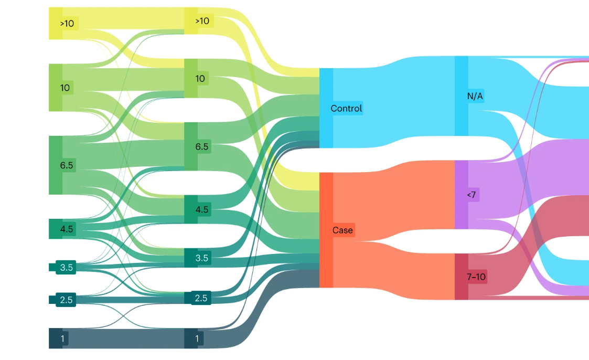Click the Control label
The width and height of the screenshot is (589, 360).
pos(346,109)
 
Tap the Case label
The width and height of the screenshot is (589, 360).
pos(342,230)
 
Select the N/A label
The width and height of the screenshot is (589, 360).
pos(475,97)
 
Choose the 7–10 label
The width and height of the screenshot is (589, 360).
pos(477,277)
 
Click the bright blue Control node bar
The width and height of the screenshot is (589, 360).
pos(326,108)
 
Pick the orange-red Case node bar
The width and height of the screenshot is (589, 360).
pos(326,230)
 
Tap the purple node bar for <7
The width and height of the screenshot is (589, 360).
pos(461,195)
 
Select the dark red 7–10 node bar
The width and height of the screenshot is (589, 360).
pos(461,277)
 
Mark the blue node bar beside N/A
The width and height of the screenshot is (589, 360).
pos(461,96)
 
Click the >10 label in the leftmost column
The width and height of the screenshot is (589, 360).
pos(67,24)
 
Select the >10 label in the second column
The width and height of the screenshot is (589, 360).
pos(202,21)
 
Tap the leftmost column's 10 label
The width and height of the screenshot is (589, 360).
pos(65,88)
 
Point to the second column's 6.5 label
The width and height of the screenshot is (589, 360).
pos(202,147)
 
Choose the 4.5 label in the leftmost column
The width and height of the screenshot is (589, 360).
pos(67,229)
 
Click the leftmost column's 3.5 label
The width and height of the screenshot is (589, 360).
pos(67,267)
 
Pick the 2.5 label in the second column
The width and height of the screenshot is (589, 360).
pos(201,298)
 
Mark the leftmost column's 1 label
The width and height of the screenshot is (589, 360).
pos(62,338)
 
